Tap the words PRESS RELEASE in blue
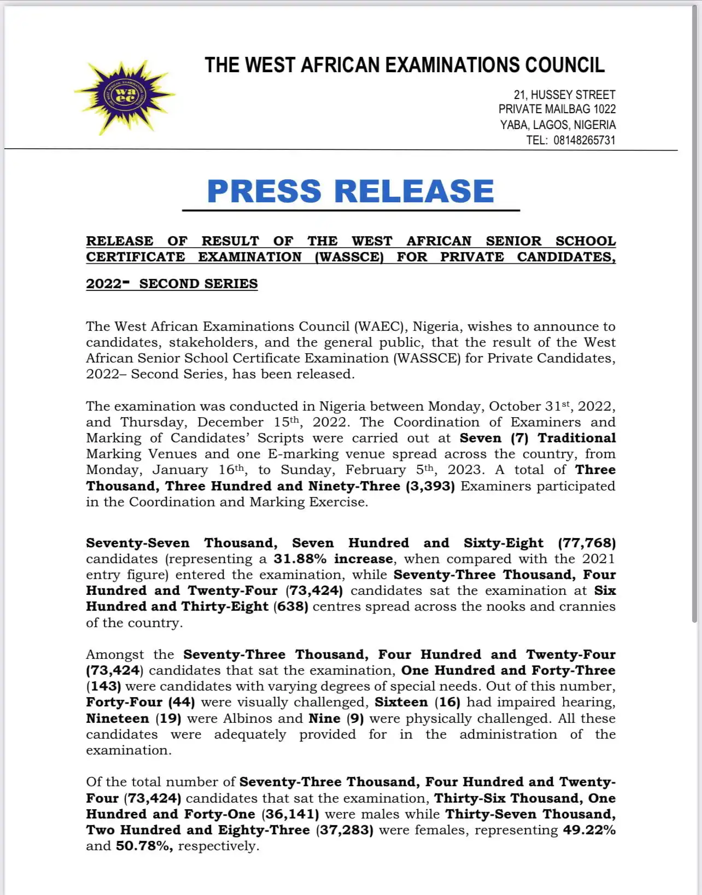[350, 191]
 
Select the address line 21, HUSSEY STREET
[564, 95]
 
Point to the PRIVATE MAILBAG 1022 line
[557, 109]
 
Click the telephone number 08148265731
[584, 140]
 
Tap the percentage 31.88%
[300, 559]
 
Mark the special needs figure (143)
[103, 686]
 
